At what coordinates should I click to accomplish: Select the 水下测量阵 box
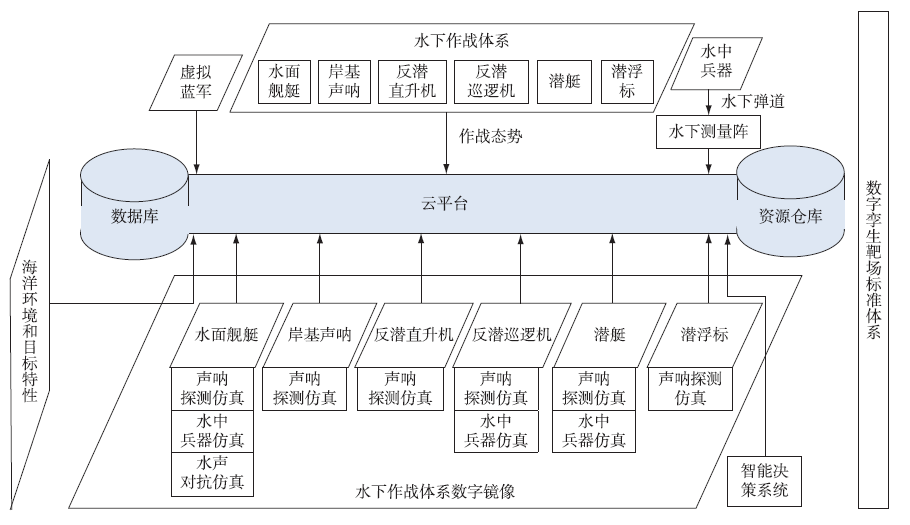[x=709, y=131]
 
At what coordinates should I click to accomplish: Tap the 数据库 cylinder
[x=134, y=214]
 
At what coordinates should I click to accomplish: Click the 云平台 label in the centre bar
[x=444, y=204]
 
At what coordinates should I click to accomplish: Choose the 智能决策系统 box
[x=764, y=480]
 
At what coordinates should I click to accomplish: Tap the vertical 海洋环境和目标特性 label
[x=30, y=330]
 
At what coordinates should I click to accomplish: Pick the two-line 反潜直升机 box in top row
[x=413, y=82]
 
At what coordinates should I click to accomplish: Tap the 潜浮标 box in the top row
[x=626, y=82]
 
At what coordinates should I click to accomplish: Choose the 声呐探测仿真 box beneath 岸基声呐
[x=304, y=388]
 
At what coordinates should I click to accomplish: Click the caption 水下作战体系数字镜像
[x=440, y=492]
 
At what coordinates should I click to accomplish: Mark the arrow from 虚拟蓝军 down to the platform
[x=197, y=136]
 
